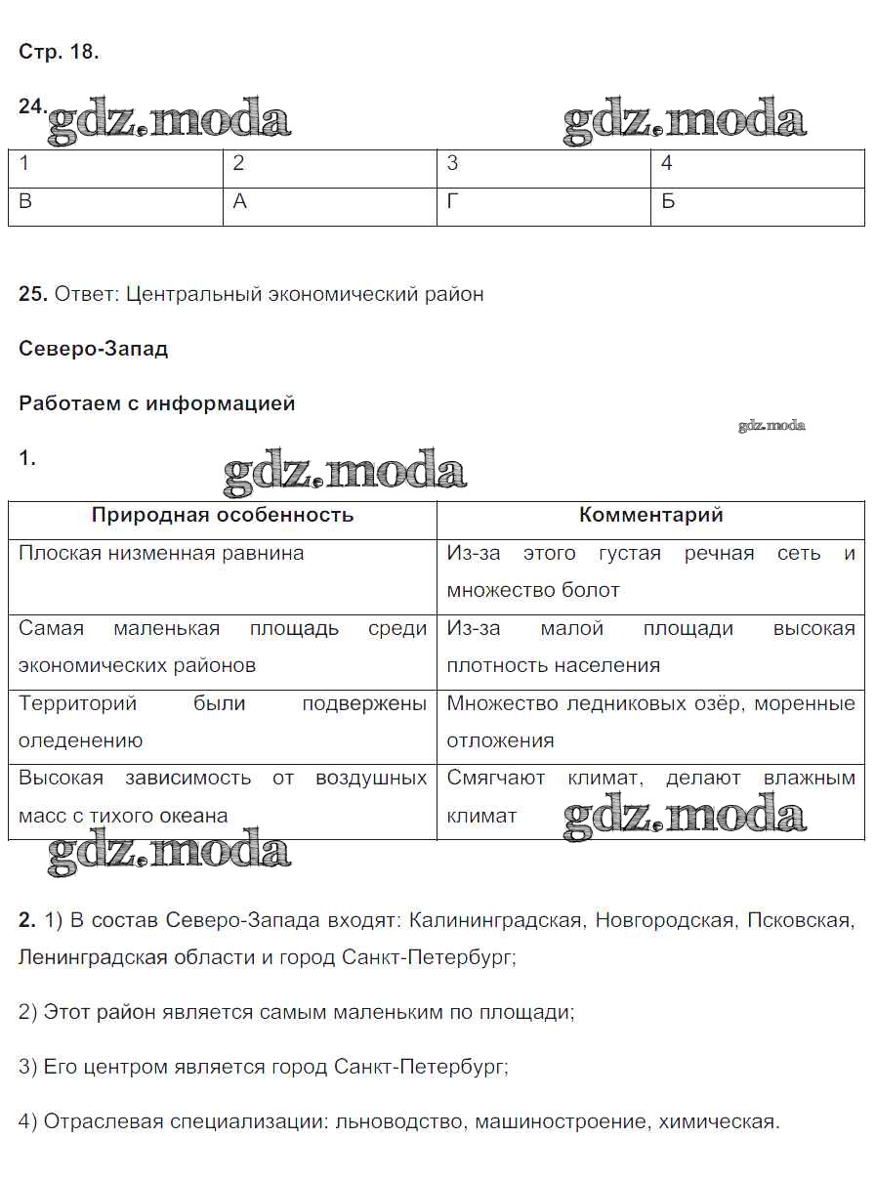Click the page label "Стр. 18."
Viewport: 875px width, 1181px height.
tap(59, 53)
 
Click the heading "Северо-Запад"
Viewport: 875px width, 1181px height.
tap(93, 349)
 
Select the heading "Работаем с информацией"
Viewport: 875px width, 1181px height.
tap(156, 403)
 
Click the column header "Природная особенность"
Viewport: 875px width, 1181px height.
tap(223, 515)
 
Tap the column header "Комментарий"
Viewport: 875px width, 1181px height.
tap(650, 515)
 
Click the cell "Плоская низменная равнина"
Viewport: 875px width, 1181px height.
tap(161, 553)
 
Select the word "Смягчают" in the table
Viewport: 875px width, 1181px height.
tap(496, 779)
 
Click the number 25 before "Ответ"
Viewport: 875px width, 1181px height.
tap(31, 294)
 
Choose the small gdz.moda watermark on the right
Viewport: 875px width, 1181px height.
tap(771, 425)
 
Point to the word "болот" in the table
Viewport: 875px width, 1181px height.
tap(591, 590)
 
